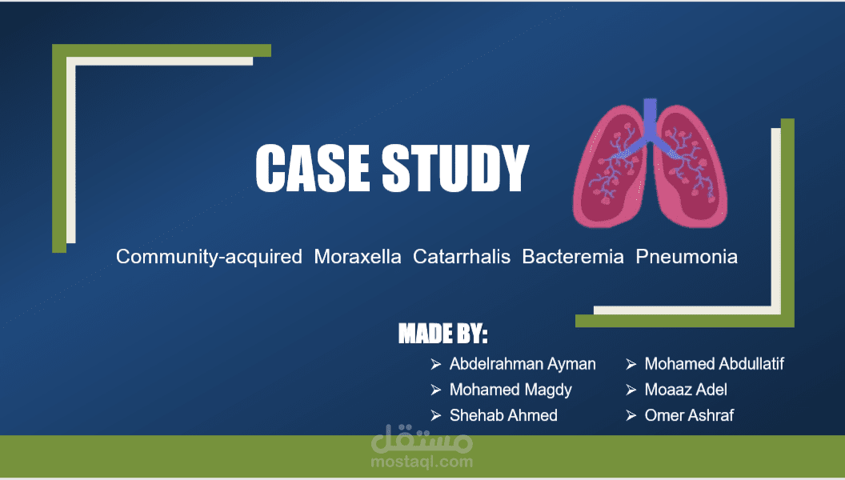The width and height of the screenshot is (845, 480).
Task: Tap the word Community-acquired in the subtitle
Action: (209, 257)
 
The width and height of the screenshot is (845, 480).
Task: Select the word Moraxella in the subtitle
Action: (358, 257)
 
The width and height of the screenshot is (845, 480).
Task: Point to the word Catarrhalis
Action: (462, 257)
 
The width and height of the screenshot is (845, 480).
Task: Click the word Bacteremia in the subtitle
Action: (573, 257)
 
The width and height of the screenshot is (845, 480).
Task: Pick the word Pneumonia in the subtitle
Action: (687, 257)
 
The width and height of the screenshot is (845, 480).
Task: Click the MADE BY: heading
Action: (443, 334)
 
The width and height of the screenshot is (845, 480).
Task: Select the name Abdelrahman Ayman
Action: (523, 364)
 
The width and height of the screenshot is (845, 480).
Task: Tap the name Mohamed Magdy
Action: (511, 390)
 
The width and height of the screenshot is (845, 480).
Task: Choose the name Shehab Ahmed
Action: (503, 415)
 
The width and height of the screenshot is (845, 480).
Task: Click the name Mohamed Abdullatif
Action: (714, 364)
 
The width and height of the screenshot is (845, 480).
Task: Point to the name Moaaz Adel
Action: (686, 390)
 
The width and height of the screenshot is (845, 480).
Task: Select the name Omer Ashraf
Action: (689, 415)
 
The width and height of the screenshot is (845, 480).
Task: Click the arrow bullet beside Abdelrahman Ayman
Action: (436, 364)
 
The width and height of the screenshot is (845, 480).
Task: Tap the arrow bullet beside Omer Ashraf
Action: (631, 415)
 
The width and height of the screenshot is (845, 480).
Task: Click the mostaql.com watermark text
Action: (421, 461)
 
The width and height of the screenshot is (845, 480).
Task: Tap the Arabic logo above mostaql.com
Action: (421, 438)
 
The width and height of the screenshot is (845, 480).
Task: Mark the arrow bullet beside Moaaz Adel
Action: (631, 390)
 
